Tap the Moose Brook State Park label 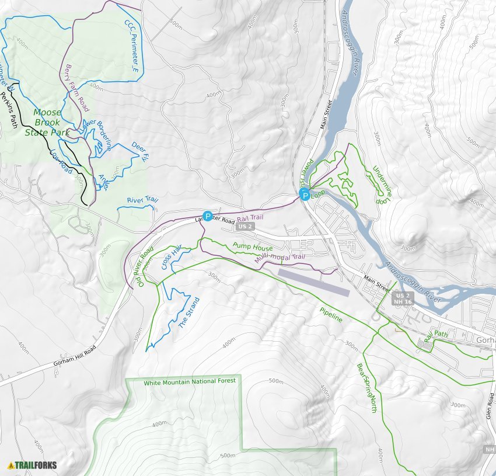point(47,123)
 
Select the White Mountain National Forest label point(190,381)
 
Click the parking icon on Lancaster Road point(207,216)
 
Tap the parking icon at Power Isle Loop point(304,194)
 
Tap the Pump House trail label point(253,247)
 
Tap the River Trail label point(143,200)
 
